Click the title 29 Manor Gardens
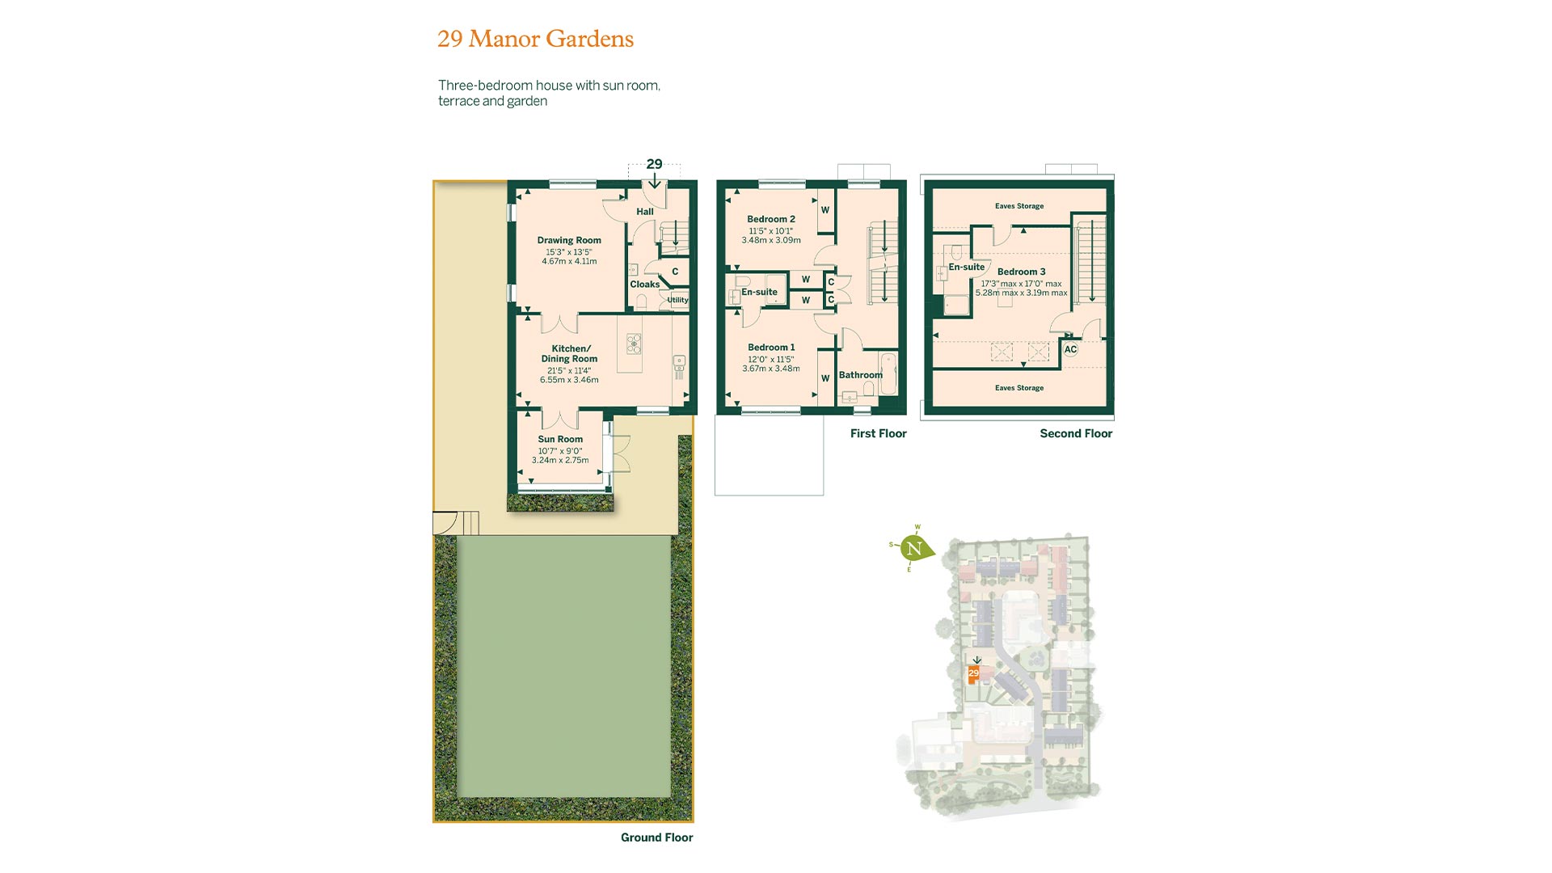pos(535,39)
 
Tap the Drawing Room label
pos(569,240)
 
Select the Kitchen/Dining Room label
pos(569,354)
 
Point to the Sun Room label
pos(560,440)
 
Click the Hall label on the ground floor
pos(645,212)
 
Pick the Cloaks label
pos(645,285)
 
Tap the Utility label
pos(677,300)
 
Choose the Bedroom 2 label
pos(771,219)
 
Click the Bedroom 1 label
pos(771,348)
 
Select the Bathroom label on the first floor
pos(861,375)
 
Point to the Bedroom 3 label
pos(1022,272)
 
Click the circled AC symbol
pos(1070,350)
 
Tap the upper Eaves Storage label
pos(1019,206)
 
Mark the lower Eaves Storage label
pos(1019,388)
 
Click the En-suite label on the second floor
pos(967,267)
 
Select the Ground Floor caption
pos(657,837)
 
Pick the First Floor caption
pos(879,433)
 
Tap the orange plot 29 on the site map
pos(974,673)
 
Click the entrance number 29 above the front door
pos(654,164)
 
